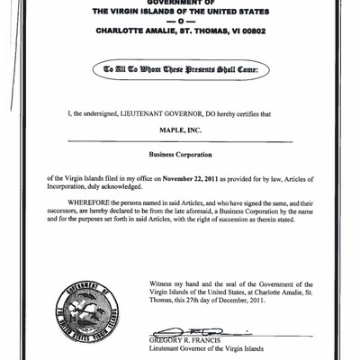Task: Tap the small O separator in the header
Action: [180, 22]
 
